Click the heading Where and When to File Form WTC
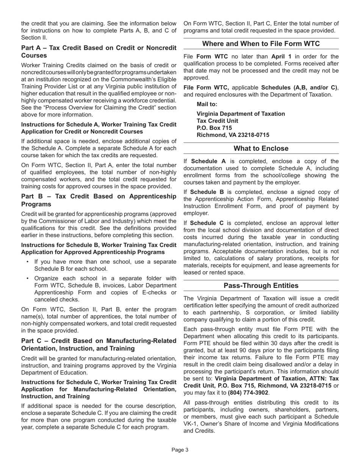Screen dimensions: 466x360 (x=261, y=44)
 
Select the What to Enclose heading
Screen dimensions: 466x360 (x=261, y=149)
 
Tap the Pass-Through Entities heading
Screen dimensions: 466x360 (x=261, y=286)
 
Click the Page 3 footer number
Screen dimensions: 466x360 (x=180, y=450)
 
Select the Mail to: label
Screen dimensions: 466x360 (x=207, y=104)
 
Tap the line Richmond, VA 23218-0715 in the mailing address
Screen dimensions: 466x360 (x=233, y=135)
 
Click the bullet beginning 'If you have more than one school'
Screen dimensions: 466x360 (x=105, y=265)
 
